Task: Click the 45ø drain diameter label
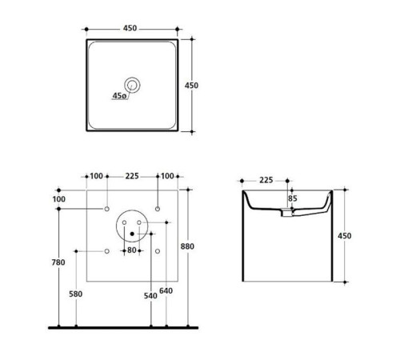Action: tap(119, 95)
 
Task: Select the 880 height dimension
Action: tap(187, 246)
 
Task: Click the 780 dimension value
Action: tap(58, 262)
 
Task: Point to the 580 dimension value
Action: tap(76, 294)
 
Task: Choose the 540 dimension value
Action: tap(150, 296)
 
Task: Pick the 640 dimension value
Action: tap(166, 290)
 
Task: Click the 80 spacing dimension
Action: tap(132, 250)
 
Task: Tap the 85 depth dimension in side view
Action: tap(293, 198)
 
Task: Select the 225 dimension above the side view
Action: tap(266, 180)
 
